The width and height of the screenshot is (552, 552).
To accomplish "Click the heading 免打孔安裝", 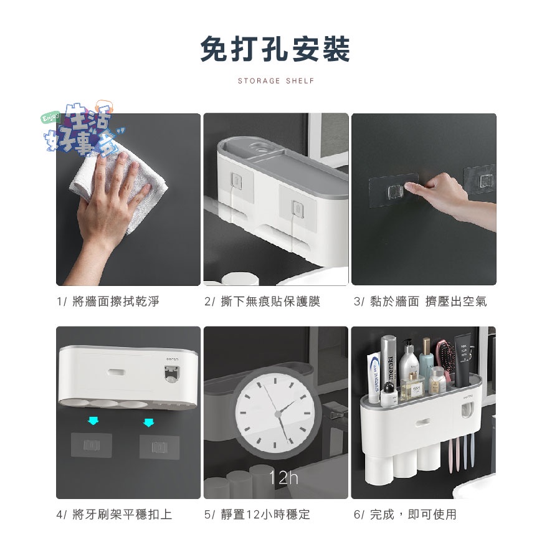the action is [275, 49].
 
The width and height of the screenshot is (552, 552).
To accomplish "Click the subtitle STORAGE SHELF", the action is [276, 81].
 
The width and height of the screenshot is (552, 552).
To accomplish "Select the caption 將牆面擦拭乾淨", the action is [116, 302].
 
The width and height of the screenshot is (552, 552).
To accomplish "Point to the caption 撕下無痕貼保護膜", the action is [270, 302].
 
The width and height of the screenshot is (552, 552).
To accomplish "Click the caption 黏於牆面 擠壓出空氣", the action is [429, 302].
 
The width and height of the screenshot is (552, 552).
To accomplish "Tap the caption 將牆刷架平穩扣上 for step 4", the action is [122, 515].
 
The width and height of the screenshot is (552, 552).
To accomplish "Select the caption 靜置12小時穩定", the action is [265, 515].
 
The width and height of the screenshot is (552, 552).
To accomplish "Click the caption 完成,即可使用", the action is [413, 515].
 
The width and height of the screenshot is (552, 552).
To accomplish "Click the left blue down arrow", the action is [93, 421].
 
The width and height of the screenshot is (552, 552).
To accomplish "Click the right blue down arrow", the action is [148, 422].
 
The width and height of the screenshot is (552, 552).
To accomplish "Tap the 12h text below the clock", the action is [283, 478].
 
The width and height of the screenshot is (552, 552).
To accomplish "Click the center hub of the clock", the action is [278, 414].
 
